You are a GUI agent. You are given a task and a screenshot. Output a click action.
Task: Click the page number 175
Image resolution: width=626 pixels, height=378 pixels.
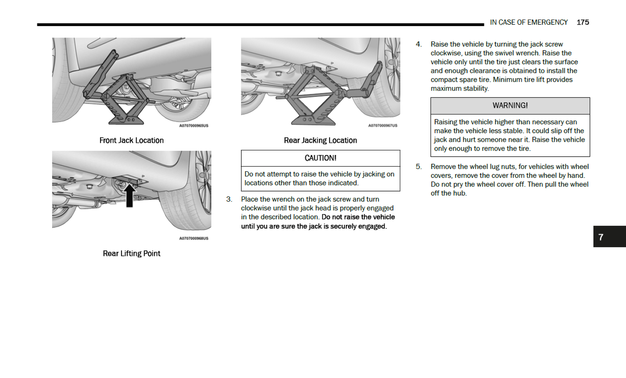tap(583, 22)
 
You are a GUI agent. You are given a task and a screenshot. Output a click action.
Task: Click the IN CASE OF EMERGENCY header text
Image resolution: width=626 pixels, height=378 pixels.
tap(529, 22)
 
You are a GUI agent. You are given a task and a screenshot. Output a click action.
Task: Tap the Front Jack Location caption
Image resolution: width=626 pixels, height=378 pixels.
tap(131, 140)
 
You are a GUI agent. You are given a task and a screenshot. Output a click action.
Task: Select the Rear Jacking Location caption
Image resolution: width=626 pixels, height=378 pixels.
tap(320, 140)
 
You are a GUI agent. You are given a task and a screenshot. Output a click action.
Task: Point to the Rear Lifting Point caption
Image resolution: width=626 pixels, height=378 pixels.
tap(131, 254)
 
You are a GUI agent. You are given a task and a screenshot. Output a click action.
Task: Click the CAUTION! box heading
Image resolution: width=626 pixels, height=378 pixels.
tap(320, 158)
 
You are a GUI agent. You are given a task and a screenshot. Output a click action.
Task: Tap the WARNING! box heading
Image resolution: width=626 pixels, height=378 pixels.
tap(510, 106)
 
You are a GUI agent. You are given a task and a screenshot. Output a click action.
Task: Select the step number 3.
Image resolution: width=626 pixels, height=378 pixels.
tap(229, 199)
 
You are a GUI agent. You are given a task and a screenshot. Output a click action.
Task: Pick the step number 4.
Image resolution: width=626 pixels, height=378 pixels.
tap(418, 44)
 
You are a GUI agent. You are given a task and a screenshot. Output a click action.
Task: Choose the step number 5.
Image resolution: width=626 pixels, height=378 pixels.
tap(418, 167)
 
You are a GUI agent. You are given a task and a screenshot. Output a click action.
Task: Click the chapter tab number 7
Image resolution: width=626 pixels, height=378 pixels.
tap(601, 237)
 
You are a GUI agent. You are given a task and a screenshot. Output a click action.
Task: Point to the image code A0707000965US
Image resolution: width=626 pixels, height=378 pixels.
tap(194, 125)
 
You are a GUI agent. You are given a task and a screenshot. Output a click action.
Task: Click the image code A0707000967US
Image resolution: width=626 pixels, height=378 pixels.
tap(382, 125)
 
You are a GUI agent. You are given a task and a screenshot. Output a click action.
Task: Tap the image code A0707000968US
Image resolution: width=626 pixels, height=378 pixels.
tap(194, 238)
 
